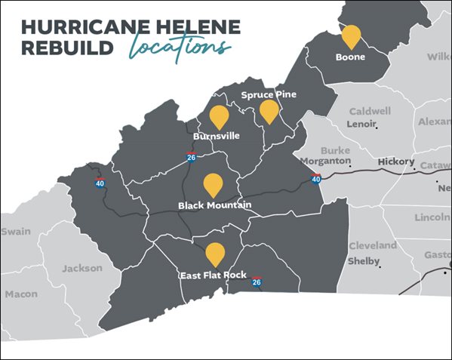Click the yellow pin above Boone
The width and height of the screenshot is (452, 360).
(x=351, y=35)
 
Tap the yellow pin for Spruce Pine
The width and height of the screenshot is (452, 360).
(x=269, y=111)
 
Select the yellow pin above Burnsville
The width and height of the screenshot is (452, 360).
(x=219, y=116)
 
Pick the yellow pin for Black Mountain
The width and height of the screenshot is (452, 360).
(x=214, y=184)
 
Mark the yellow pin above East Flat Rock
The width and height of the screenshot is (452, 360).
(x=215, y=254)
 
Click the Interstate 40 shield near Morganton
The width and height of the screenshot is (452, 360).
(x=316, y=178)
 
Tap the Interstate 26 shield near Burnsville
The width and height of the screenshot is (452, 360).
(x=192, y=156)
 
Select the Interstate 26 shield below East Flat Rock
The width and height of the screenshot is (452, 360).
(x=257, y=282)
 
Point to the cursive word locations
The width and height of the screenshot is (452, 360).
(x=180, y=47)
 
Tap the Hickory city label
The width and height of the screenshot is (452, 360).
(x=396, y=162)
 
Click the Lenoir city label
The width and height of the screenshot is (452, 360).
(x=361, y=124)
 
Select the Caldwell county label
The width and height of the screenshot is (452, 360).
(x=370, y=111)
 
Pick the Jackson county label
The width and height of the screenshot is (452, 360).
(x=81, y=268)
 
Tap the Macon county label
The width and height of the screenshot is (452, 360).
(x=20, y=294)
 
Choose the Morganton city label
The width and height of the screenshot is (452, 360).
(x=325, y=162)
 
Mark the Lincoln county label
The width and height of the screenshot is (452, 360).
(x=432, y=217)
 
